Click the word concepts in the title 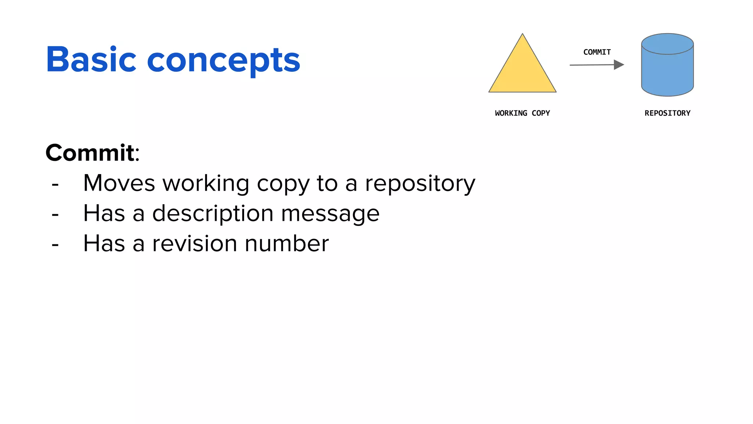(224, 61)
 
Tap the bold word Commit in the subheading (90, 153)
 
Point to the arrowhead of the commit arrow (619, 65)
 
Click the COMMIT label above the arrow (597, 52)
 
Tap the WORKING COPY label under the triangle (522, 113)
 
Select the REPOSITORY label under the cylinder (667, 113)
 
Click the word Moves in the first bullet (119, 183)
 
